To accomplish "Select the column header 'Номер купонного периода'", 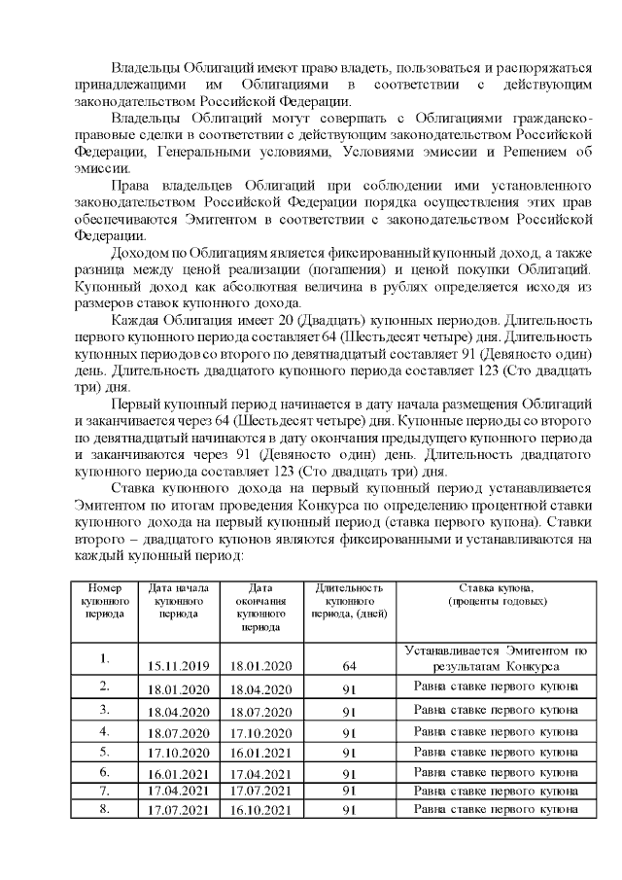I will pos(104,601).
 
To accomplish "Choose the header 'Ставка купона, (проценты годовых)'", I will pos(496,595).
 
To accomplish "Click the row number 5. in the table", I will pos(104,751).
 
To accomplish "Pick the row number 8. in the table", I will pos(104,808).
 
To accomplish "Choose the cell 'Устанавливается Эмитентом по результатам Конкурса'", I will pos(496,658).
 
